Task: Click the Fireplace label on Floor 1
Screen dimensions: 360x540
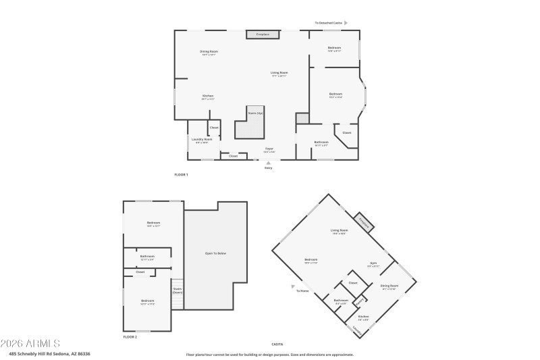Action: tap(262, 34)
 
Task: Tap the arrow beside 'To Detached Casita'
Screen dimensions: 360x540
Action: tap(346, 22)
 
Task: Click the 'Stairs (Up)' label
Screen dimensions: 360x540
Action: tap(254, 113)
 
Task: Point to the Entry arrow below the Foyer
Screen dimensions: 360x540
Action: tap(268, 163)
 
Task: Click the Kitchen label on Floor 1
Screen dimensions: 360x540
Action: tap(208, 97)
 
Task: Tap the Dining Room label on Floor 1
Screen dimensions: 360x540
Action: tap(209, 53)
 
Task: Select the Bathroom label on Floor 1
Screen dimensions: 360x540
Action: tap(321, 143)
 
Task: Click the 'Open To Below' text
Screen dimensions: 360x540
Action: tap(215, 253)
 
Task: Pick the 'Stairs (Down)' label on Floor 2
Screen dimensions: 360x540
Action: tap(178, 291)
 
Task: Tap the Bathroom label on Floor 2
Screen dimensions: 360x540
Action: tap(147, 257)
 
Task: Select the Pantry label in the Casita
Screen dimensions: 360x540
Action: tap(360, 301)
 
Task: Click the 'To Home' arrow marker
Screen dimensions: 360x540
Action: tap(292, 286)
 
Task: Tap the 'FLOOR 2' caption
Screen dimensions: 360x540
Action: tap(130, 336)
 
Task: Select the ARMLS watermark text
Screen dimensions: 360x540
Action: tap(32, 343)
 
